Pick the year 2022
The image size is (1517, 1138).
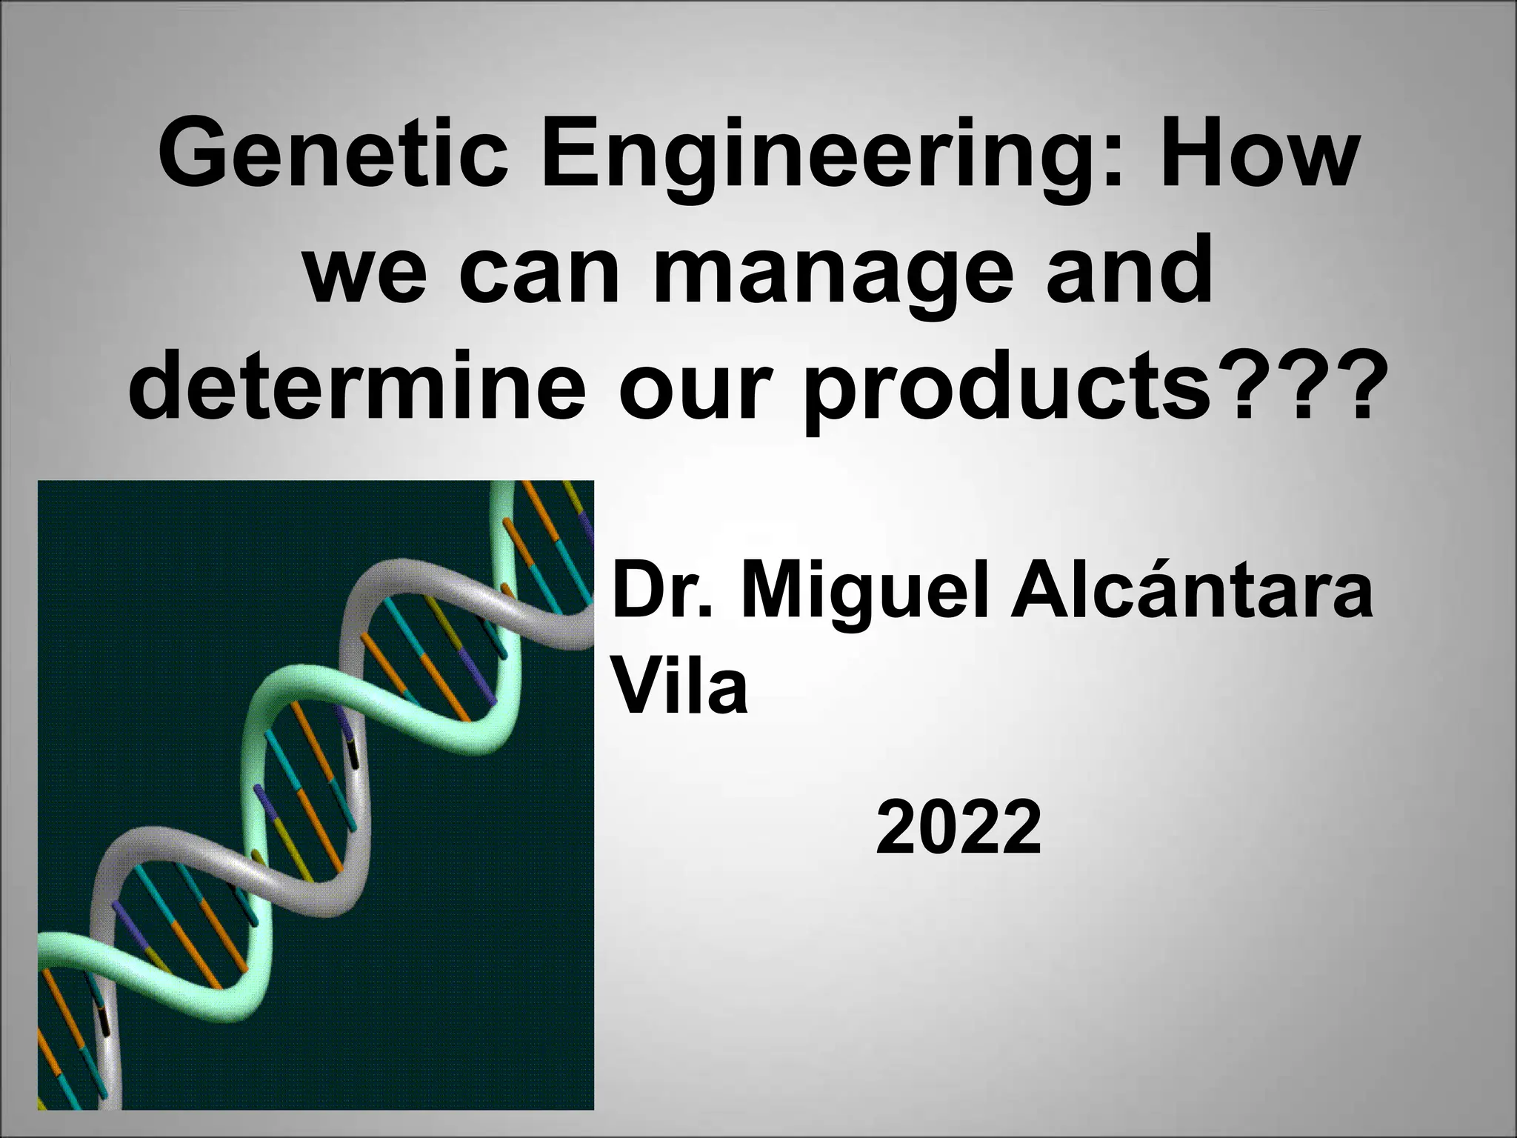[x=958, y=827]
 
